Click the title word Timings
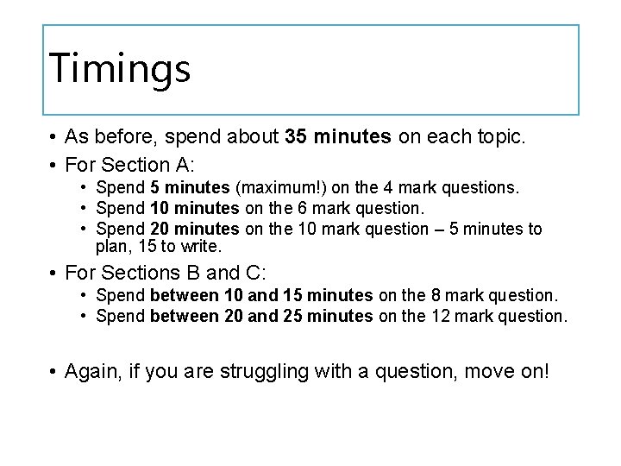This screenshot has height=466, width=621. pos(119,68)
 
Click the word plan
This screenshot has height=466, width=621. pos(110,247)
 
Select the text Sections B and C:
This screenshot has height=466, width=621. pos(186,274)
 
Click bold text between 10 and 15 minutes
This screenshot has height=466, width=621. pos(260,295)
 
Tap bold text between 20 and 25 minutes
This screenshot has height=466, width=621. pos(260,316)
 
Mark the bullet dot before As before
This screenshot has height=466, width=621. pos(53,137)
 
